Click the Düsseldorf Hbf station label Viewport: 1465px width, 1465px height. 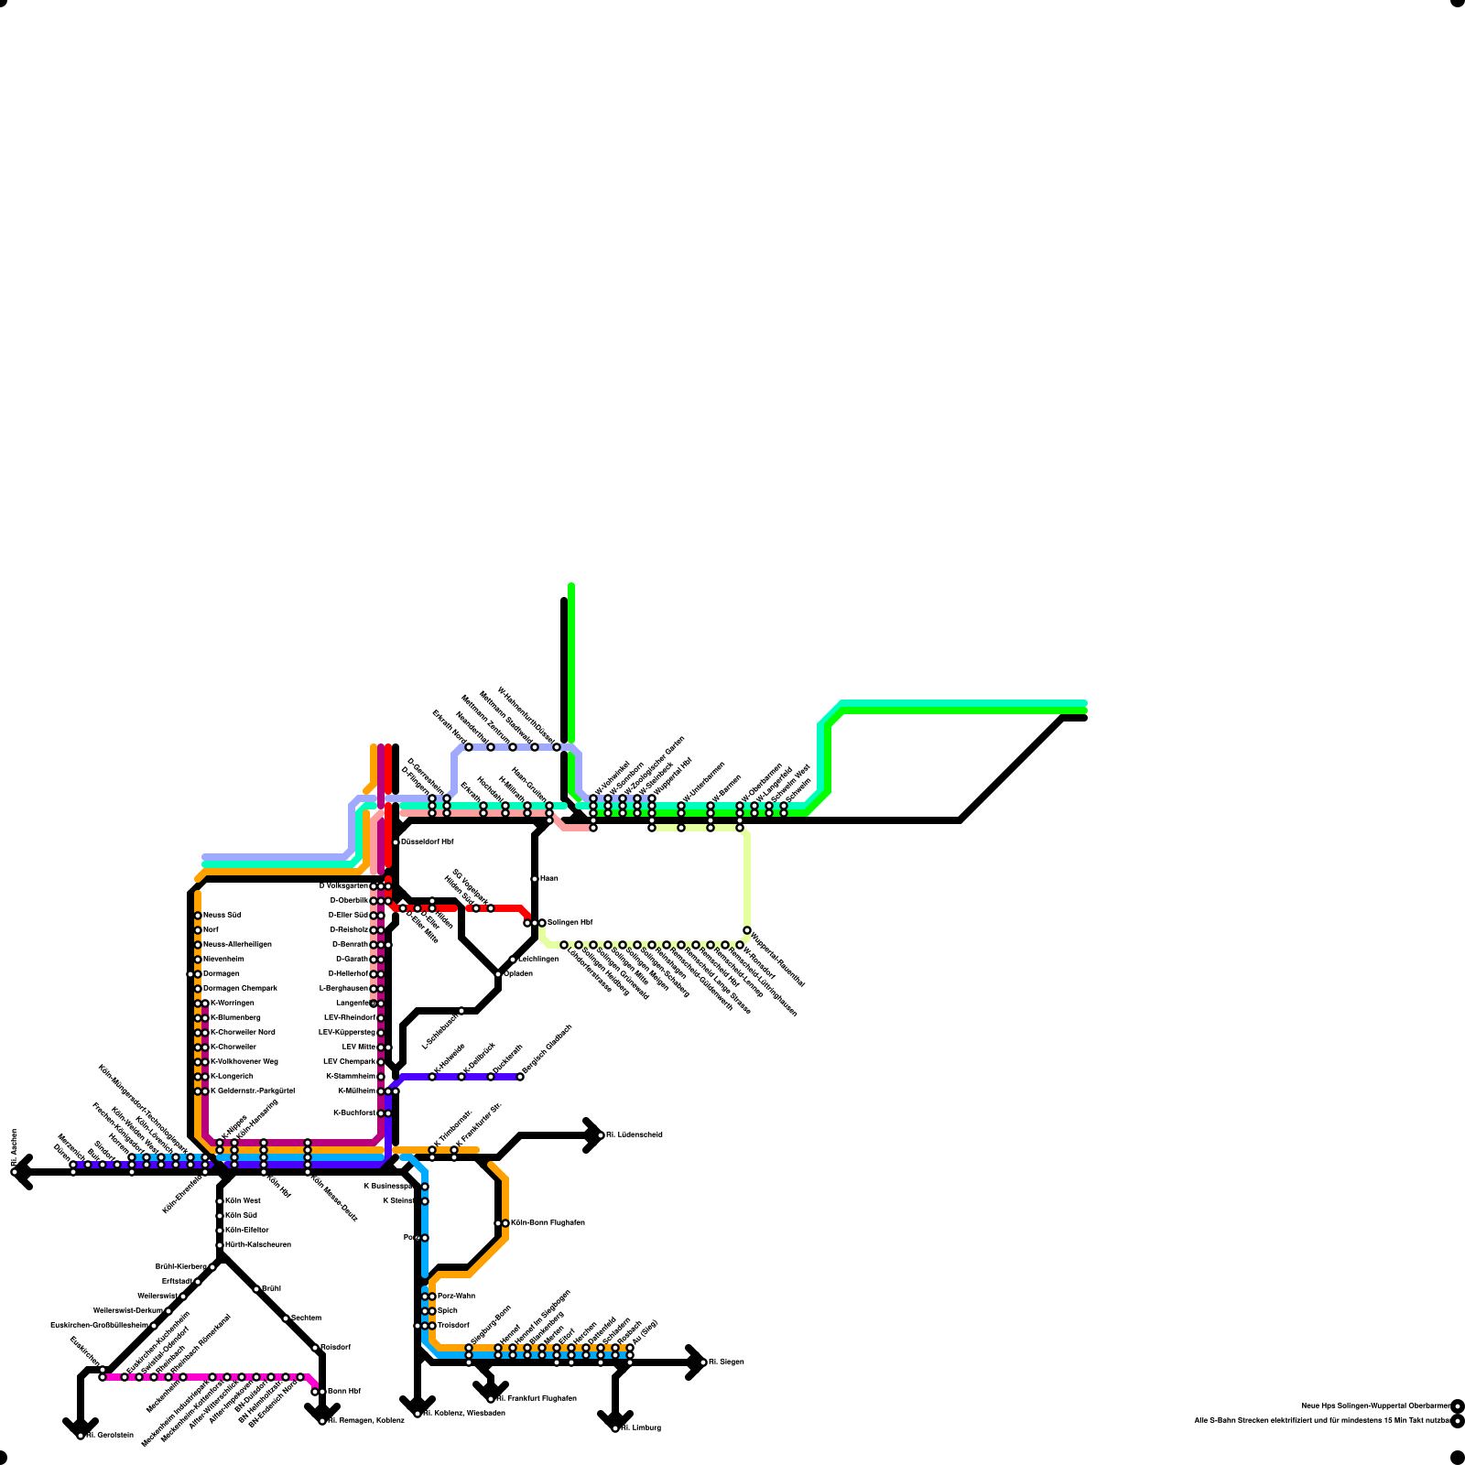[x=427, y=841]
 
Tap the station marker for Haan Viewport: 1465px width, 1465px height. [x=535, y=879]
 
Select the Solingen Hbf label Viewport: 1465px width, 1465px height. [x=570, y=922]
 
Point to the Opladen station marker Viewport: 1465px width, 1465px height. [x=498, y=974]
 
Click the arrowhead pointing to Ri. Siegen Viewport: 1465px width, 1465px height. [x=697, y=1362]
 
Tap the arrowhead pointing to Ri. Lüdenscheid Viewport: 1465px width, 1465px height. [x=595, y=1135]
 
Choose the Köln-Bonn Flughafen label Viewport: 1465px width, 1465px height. [x=548, y=1222]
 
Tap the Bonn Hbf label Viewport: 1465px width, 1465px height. [x=343, y=1391]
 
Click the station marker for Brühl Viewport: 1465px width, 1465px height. [x=256, y=1289]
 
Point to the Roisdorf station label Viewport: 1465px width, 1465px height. [x=335, y=1347]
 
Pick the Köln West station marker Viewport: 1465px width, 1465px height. [x=220, y=1201]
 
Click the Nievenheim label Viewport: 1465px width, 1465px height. [x=223, y=959]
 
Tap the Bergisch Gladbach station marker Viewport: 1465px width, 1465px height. [x=520, y=1077]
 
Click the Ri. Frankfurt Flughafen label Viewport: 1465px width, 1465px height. [x=537, y=1398]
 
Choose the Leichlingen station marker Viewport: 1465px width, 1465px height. [x=513, y=960]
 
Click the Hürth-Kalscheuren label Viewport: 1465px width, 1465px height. [x=258, y=1244]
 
